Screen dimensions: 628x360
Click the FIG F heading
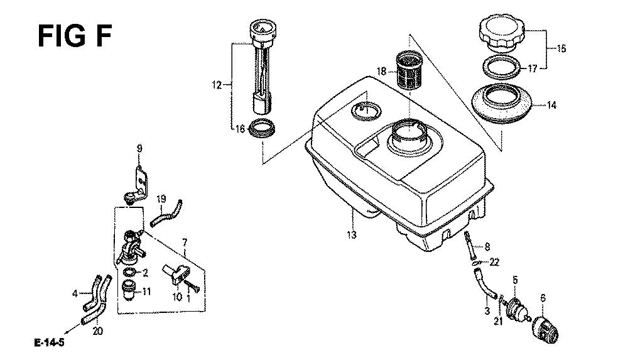click(75, 36)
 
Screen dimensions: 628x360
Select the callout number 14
click(551, 106)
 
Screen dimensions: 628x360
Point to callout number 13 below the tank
click(352, 235)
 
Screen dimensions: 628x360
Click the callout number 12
click(217, 85)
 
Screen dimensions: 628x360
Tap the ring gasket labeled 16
click(262, 128)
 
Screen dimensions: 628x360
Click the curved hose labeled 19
click(166, 213)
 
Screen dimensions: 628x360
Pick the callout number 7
click(185, 243)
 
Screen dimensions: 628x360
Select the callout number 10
click(177, 297)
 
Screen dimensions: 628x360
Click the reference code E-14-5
click(50, 343)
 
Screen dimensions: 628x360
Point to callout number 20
click(98, 331)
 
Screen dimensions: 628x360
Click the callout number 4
click(75, 294)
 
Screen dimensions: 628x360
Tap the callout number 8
click(487, 246)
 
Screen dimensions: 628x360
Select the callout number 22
click(494, 263)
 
